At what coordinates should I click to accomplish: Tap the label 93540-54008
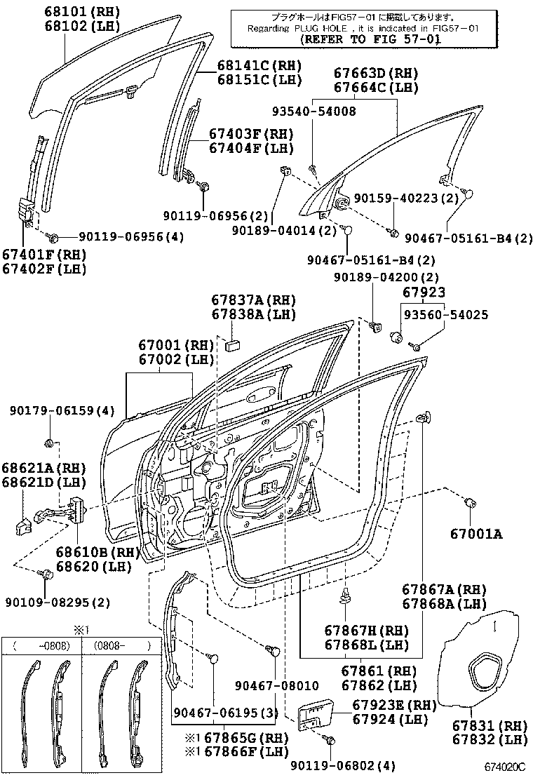tap(314, 111)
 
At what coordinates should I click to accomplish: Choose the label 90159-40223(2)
tap(406, 199)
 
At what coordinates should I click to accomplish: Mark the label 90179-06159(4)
tap(62, 410)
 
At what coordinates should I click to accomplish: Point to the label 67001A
tap(476, 534)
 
